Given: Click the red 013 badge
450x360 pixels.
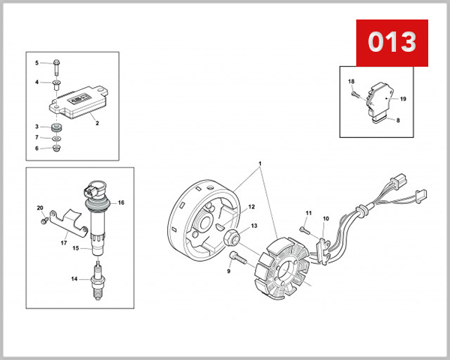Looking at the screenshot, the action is click(392, 43).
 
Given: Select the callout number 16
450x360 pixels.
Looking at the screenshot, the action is click(121, 202).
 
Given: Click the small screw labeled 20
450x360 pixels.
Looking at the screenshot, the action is click(44, 220).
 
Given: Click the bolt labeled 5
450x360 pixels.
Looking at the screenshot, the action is click(56, 67).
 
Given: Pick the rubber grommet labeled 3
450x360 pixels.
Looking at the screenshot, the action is click(56, 127).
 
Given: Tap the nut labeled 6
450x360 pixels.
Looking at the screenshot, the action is click(57, 148).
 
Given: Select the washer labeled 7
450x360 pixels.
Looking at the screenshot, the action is click(56, 139).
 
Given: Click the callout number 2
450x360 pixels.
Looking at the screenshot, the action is click(97, 123).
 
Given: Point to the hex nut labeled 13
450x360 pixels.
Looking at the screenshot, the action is click(231, 238).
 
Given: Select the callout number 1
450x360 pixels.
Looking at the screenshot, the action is click(260, 163).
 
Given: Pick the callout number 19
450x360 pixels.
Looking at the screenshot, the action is click(403, 99).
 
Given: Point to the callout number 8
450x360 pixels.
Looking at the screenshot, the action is click(398, 120).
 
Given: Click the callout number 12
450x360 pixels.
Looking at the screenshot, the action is click(251, 207).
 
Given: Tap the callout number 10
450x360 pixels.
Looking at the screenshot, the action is click(326, 219).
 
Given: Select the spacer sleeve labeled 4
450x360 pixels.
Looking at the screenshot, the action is click(56, 85).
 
